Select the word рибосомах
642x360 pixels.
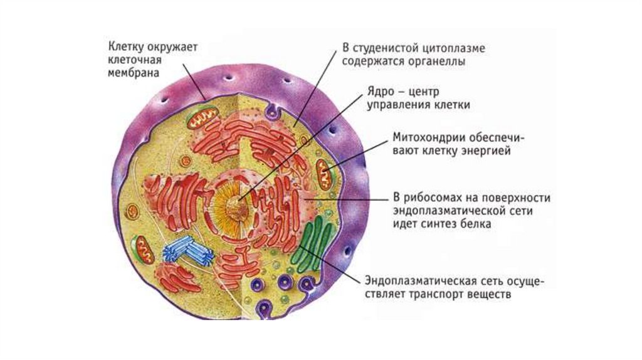click(432, 198)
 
